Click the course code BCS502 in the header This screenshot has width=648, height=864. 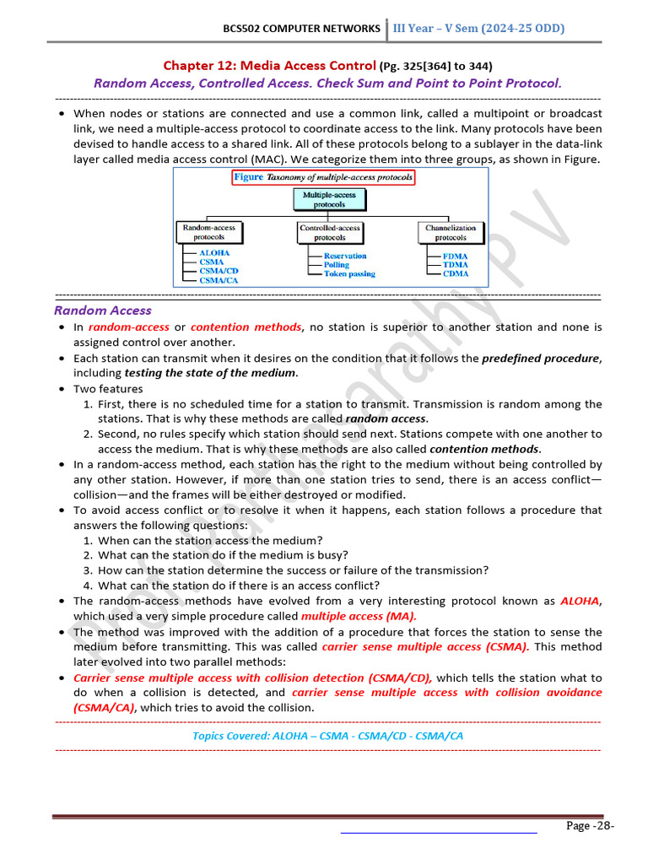point(241,29)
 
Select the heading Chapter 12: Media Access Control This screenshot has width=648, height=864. point(269,66)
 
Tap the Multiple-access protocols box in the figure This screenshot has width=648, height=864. point(329,199)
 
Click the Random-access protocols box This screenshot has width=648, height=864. point(209,232)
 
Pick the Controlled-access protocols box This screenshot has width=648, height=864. point(329,232)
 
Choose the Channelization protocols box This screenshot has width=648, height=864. point(451,232)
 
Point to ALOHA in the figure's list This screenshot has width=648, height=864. point(213,252)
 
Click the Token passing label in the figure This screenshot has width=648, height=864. point(349,274)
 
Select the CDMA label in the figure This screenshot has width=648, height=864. point(456,274)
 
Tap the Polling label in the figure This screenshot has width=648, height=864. point(336,265)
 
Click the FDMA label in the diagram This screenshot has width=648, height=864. point(456,256)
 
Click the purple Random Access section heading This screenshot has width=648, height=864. point(103,310)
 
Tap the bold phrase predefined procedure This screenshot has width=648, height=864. point(540,358)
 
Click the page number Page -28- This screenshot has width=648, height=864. point(590,825)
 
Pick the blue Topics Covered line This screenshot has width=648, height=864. point(327,736)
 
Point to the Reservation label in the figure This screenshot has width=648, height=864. point(345,256)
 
